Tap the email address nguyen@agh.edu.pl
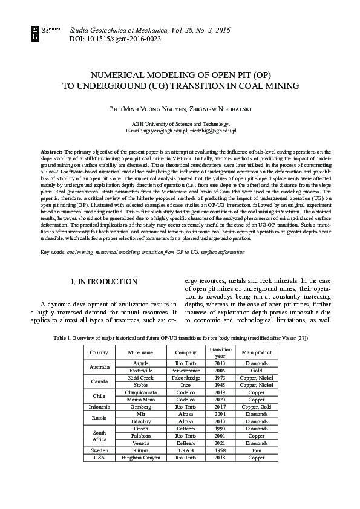[165, 130]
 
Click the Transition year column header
[217, 352]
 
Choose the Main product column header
[256, 352]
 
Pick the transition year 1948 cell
[217, 384]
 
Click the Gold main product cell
[256, 370]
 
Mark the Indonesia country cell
[99, 407]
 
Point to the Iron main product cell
[256, 450]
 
